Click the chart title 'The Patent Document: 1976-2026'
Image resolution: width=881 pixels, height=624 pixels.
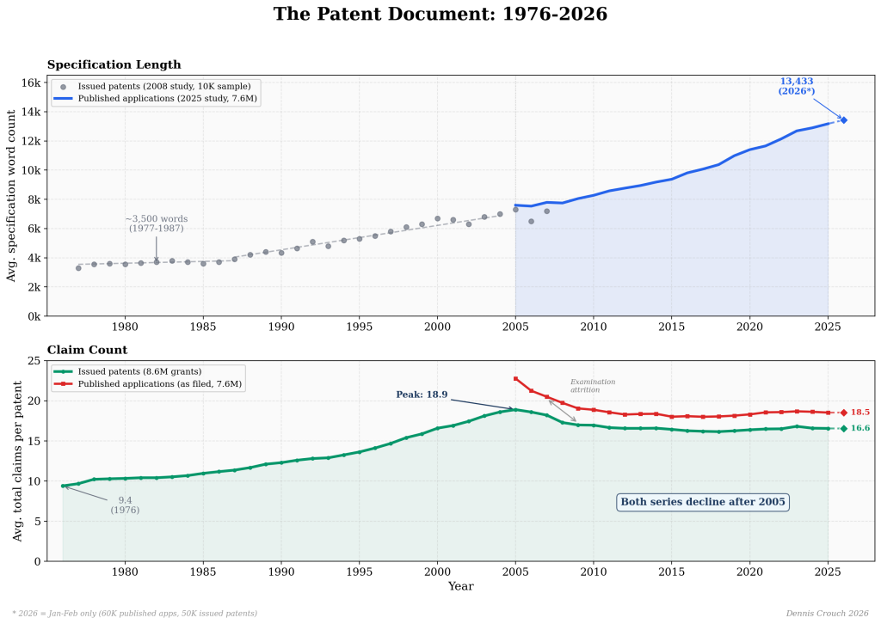pos(440,15)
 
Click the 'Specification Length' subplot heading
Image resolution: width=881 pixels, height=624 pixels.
pos(114,64)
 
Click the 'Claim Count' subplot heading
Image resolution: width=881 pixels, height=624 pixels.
pos(87,350)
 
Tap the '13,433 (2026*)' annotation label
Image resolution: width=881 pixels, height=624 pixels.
pos(796,86)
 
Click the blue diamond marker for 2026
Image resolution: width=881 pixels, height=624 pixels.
pos(844,120)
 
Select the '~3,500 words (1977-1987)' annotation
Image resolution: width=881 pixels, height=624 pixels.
pos(156,223)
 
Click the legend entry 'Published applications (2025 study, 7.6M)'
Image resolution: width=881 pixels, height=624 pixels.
pos(168,99)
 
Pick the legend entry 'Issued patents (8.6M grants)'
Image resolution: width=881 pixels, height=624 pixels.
pos(139,371)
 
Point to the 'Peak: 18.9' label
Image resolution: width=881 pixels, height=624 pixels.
pos(422,395)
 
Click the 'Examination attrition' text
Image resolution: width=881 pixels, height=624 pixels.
pos(593,386)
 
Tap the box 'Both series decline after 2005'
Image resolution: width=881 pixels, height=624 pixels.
pos(702,502)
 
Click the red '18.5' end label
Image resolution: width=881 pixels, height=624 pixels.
pos(860,413)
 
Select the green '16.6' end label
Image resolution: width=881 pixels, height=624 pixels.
pos(860,428)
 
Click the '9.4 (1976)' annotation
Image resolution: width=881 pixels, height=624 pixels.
pos(125,505)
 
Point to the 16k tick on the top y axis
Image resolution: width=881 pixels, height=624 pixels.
pos(32,83)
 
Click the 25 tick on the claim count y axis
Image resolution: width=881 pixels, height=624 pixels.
pos(34,361)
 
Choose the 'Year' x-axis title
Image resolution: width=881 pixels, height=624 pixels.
pos(460,586)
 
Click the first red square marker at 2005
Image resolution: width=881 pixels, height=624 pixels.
pos(515,378)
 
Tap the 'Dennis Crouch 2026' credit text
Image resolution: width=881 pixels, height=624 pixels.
pos(827,613)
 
